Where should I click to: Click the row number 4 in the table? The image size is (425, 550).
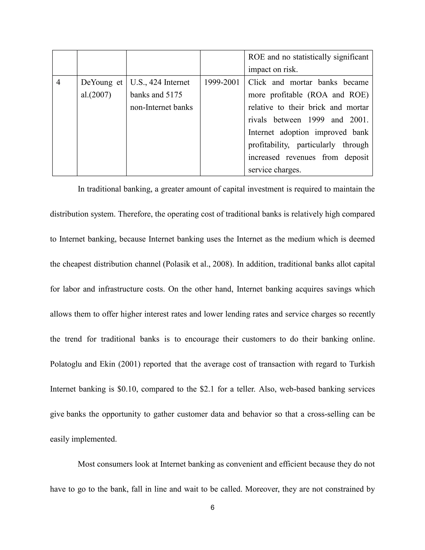point(58,83)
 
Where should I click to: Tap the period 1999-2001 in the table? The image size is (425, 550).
point(222,83)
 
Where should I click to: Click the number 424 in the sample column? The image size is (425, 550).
point(154,83)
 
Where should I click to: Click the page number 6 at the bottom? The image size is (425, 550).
point(212,508)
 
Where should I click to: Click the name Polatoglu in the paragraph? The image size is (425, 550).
point(66,364)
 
